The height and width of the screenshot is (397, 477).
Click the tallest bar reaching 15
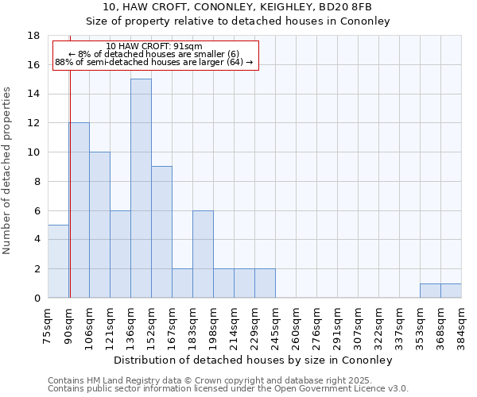141,188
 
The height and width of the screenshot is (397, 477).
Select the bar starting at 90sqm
79,210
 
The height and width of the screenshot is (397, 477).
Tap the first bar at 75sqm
58,261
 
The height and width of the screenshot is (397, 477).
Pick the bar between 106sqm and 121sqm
99,225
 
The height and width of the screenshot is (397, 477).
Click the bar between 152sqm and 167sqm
161,232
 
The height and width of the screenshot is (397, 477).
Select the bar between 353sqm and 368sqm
430,291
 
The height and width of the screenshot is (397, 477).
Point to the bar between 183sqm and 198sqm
203,254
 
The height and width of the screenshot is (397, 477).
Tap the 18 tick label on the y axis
33,36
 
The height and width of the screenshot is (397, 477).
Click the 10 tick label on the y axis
33,152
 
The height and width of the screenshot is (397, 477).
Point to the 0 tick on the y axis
37,298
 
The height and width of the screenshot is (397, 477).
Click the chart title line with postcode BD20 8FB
238,6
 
